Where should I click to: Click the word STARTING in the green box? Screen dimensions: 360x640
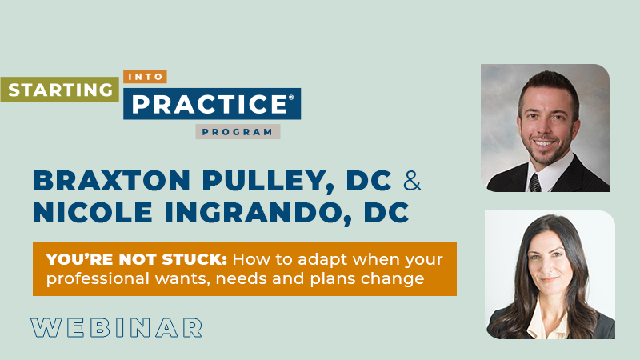tap(59, 89)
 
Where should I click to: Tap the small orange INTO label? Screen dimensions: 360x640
tap(146, 78)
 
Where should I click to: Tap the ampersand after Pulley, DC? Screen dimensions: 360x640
tap(412, 181)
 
